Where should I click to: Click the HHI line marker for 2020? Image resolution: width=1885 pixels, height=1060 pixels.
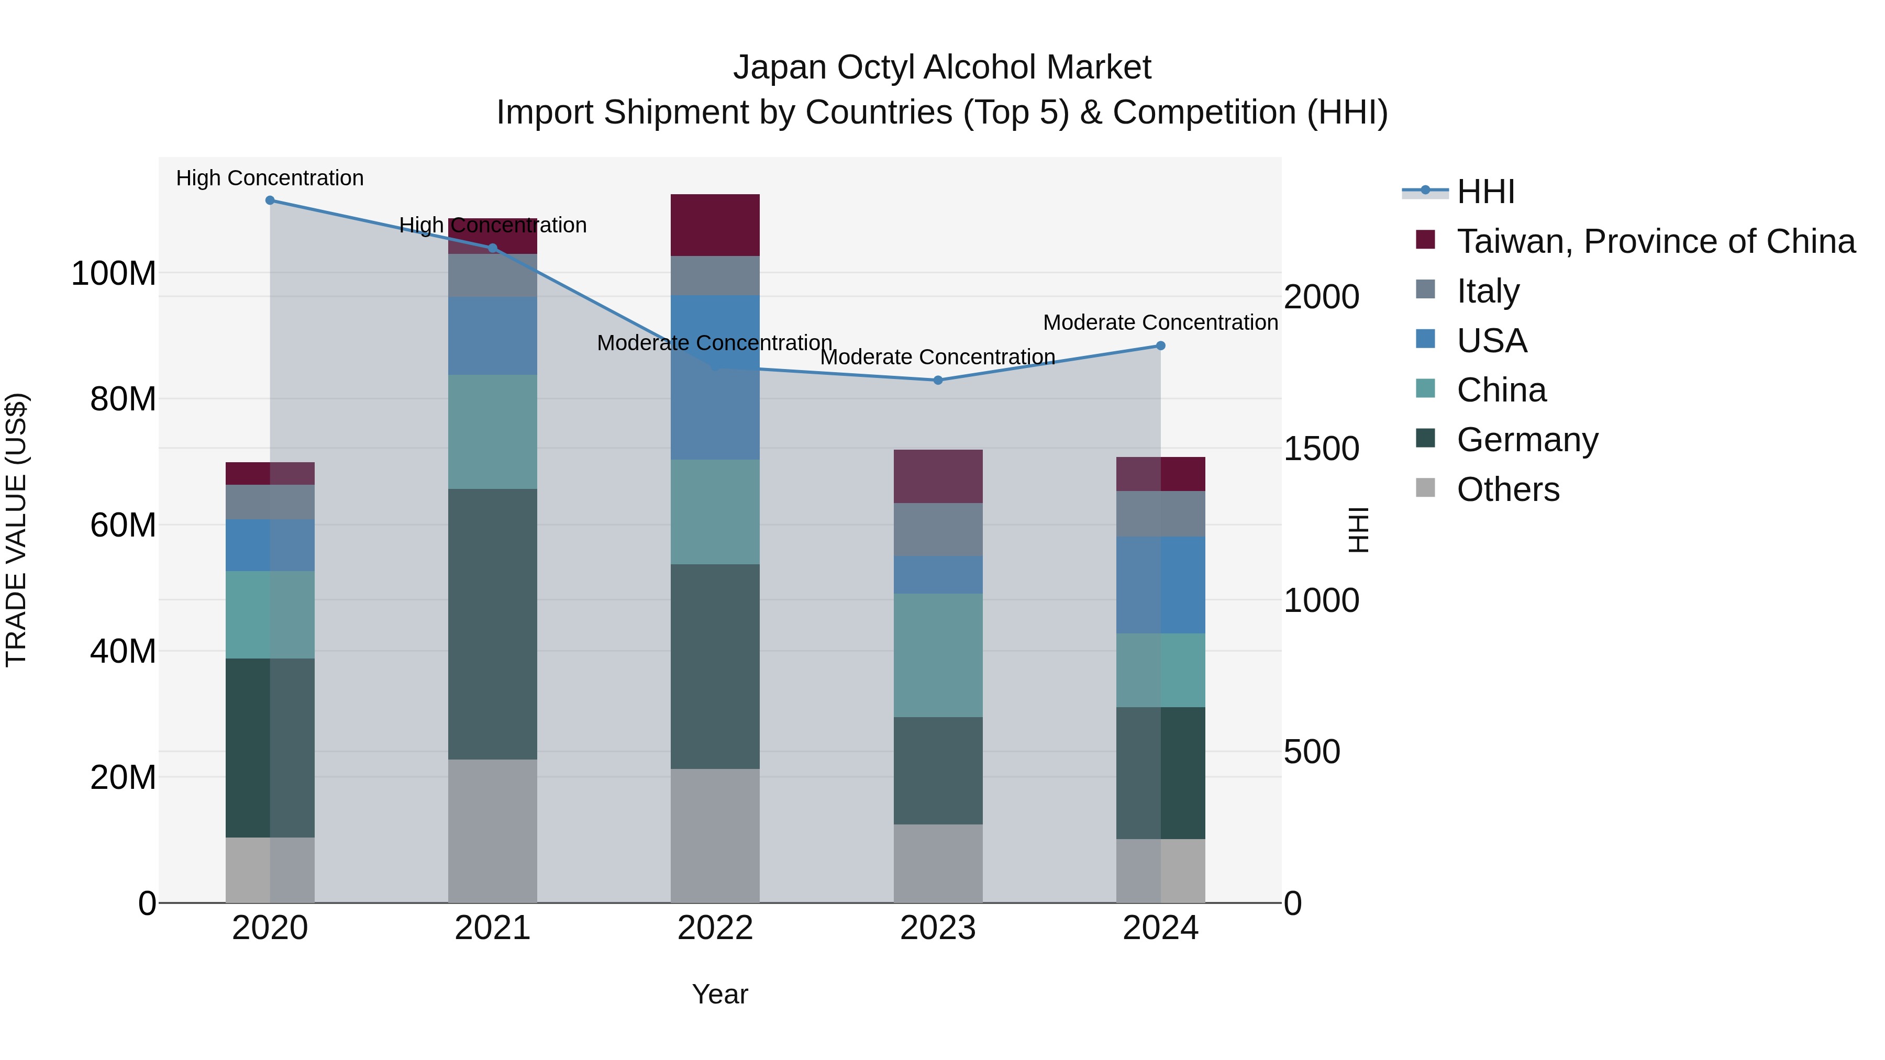pyautogui.click(x=270, y=200)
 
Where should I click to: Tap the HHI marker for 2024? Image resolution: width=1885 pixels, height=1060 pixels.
pyautogui.click(x=1160, y=346)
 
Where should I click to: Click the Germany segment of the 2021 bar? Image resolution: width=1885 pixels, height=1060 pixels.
pyautogui.click(x=493, y=624)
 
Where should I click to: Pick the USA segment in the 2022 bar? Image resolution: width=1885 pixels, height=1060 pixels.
pyautogui.click(x=715, y=377)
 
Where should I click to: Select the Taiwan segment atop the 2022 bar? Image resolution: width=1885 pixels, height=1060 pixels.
pyautogui.click(x=715, y=225)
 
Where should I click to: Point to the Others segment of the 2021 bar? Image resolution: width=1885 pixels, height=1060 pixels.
pyautogui.click(x=493, y=831)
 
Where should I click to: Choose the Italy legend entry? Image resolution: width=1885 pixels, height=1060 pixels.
pyautogui.click(x=1487, y=291)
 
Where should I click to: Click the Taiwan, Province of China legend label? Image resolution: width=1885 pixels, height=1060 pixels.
pyautogui.click(x=1655, y=241)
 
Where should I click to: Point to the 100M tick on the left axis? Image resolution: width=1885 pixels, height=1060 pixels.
pyautogui.click(x=114, y=274)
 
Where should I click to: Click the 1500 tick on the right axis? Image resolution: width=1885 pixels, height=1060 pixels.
pyautogui.click(x=1322, y=449)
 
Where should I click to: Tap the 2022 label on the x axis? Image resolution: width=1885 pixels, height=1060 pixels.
pyautogui.click(x=715, y=928)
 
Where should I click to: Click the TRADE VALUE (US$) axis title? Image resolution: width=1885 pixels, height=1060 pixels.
pyautogui.click(x=16, y=530)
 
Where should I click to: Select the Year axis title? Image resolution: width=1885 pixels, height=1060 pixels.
pyautogui.click(x=720, y=994)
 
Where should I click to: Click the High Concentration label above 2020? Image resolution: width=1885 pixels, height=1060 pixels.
pyautogui.click(x=270, y=178)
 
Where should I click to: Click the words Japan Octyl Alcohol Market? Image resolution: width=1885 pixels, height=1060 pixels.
pyautogui.click(x=942, y=68)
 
